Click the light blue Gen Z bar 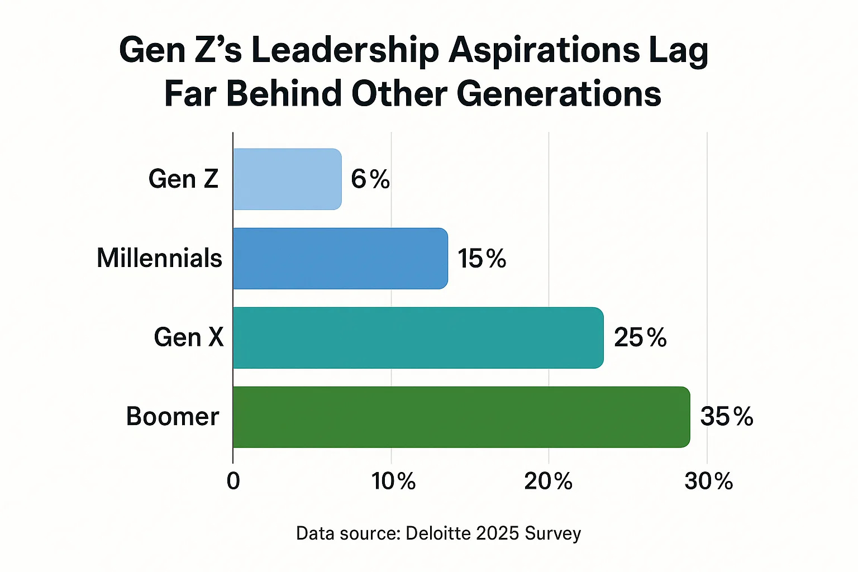point(287,179)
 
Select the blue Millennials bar point(340,259)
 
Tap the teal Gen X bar point(418,338)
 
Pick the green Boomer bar point(461,417)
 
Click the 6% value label point(370,179)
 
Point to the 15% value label point(482,259)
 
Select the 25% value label point(640,338)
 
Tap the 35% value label point(727,417)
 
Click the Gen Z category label point(183,179)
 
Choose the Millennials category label point(160,259)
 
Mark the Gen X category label point(189,338)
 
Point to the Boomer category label point(173,417)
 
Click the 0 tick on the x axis point(233,481)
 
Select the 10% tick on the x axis point(394,481)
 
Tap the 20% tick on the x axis point(549,481)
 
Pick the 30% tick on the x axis point(709,481)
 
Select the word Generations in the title point(559,94)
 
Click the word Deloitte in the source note point(438,533)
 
